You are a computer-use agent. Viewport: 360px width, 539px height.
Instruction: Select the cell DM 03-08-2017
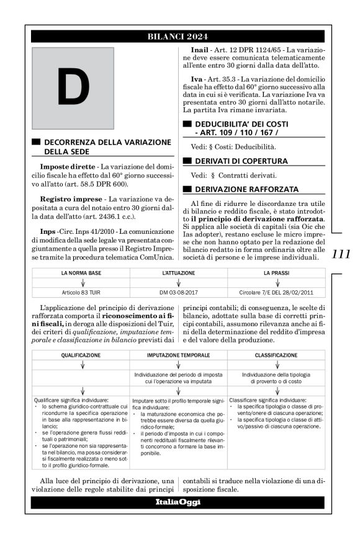coord(179,292)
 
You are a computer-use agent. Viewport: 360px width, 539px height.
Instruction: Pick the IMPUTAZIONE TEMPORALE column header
coord(179,356)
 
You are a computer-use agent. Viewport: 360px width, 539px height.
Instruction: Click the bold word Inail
coord(200,49)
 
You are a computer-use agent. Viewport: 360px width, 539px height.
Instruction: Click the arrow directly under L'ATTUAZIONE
coord(179,282)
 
